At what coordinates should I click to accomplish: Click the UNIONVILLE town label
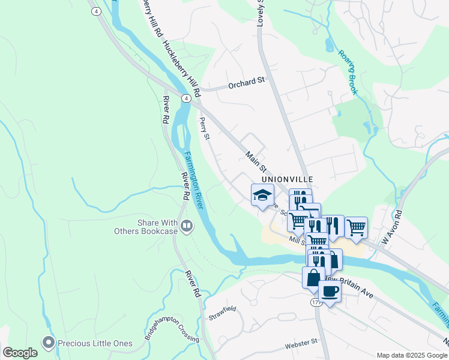(x=288, y=179)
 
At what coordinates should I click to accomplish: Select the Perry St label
(x=205, y=129)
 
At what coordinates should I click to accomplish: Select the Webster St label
(x=301, y=344)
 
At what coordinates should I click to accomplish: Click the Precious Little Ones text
(x=95, y=343)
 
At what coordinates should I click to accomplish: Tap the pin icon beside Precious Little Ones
(x=48, y=342)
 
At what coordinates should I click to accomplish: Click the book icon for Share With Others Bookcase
(x=187, y=226)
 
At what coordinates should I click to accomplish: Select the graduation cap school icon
(x=262, y=195)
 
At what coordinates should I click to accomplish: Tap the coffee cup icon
(x=330, y=292)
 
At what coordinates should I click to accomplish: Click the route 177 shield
(x=316, y=303)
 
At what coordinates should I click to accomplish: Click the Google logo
(x=20, y=353)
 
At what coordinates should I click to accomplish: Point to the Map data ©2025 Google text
(x=411, y=355)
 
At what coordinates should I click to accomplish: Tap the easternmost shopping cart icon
(x=356, y=228)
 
